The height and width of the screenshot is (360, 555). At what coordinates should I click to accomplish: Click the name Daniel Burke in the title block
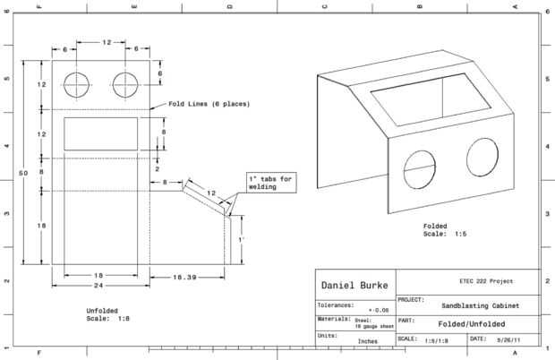pos(354,285)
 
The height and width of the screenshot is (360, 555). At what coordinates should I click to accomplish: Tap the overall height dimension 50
pos(24,171)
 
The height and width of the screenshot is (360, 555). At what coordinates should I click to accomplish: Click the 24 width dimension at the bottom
pos(100,286)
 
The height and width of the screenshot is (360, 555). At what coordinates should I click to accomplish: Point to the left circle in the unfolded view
pos(78,84)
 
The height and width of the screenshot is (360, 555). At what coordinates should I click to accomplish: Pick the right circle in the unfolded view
pos(126,84)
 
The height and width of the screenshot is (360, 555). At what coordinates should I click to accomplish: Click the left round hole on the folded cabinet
pos(417,169)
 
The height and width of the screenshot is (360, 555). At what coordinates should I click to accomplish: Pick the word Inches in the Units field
pos(367,341)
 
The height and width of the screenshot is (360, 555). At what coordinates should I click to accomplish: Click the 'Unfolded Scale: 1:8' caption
pos(108,313)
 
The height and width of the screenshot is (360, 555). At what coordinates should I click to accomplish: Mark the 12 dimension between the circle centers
pos(107,43)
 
